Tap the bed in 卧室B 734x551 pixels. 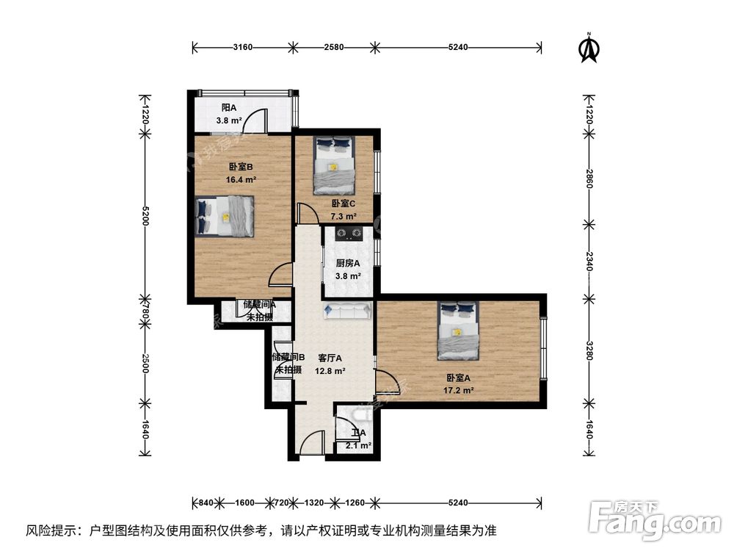pos(226,215)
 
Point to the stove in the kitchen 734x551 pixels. pos(349,234)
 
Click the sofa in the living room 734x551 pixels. pos(346,311)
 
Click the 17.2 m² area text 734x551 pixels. pos(458,390)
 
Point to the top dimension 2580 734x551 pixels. pos(334,48)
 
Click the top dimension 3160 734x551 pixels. pos(243,48)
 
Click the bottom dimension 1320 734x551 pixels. pos(313,503)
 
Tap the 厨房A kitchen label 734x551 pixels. pos(348,263)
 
